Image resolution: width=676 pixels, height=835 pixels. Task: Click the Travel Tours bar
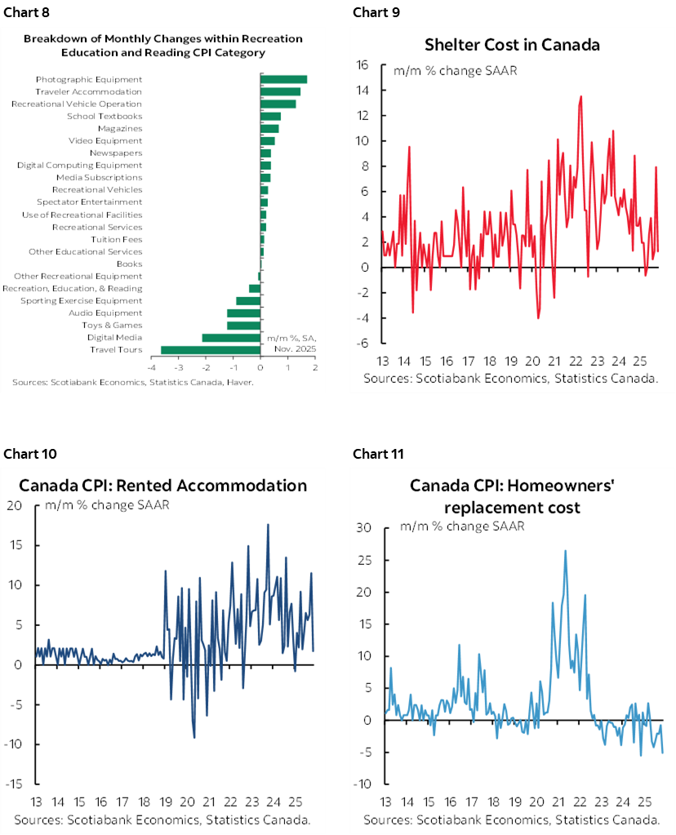coord(211,349)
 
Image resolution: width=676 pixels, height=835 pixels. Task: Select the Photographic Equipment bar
coord(283,79)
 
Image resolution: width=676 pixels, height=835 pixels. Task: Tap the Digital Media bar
coord(231,337)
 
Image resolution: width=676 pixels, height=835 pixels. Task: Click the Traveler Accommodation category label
coord(88,91)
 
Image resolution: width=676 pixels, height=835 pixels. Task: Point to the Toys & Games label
coord(113,325)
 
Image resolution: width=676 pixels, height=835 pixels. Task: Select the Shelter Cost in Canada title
coord(513,44)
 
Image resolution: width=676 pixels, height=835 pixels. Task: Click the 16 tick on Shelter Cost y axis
coord(364,65)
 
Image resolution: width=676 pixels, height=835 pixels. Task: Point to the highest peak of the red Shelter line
coord(580,96)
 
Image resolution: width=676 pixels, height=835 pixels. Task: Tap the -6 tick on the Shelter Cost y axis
coord(364,342)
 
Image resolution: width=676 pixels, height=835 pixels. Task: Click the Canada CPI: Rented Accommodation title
coord(162,485)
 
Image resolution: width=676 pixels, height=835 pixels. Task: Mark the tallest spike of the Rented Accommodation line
coord(268,524)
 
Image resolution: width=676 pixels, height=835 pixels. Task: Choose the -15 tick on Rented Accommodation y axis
coord(16,784)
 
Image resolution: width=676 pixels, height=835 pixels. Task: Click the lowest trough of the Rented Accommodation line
coord(194,738)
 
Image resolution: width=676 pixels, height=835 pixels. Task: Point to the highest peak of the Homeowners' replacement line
coord(565,550)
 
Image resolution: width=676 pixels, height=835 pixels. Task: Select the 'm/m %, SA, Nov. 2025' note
coord(291,342)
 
